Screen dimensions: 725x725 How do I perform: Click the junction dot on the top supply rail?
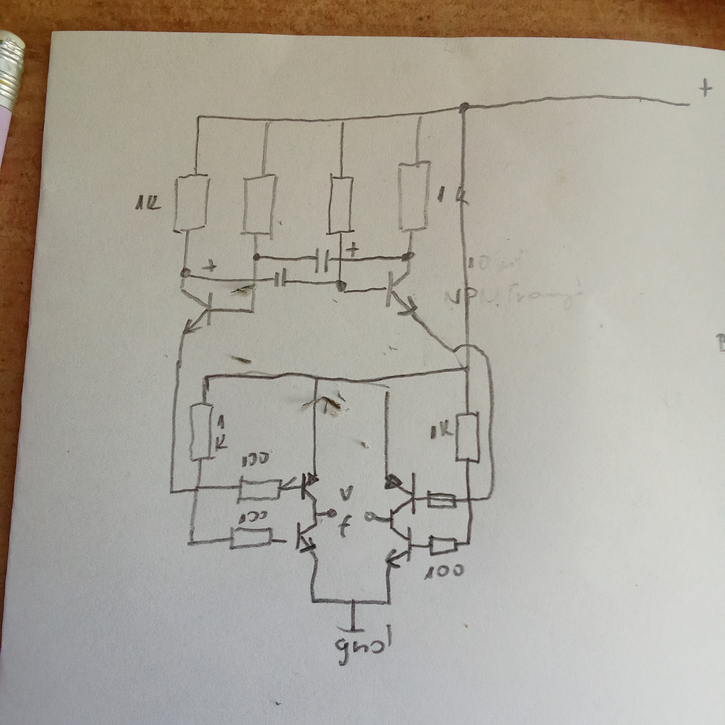click(x=465, y=107)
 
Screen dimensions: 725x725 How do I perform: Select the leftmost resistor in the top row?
click(x=192, y=203)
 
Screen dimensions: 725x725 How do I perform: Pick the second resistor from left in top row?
click(x=259, y=204)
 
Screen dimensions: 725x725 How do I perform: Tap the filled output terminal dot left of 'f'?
click(x=332, y=513)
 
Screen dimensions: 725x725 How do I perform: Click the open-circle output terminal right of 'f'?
click(x=368, y=516)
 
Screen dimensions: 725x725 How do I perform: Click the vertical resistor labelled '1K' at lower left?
click(x=201, y=432)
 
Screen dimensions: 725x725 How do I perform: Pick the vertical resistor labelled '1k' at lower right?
click(x=467, y=437)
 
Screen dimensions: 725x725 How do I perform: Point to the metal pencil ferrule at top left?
click(x=11, y=68)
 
